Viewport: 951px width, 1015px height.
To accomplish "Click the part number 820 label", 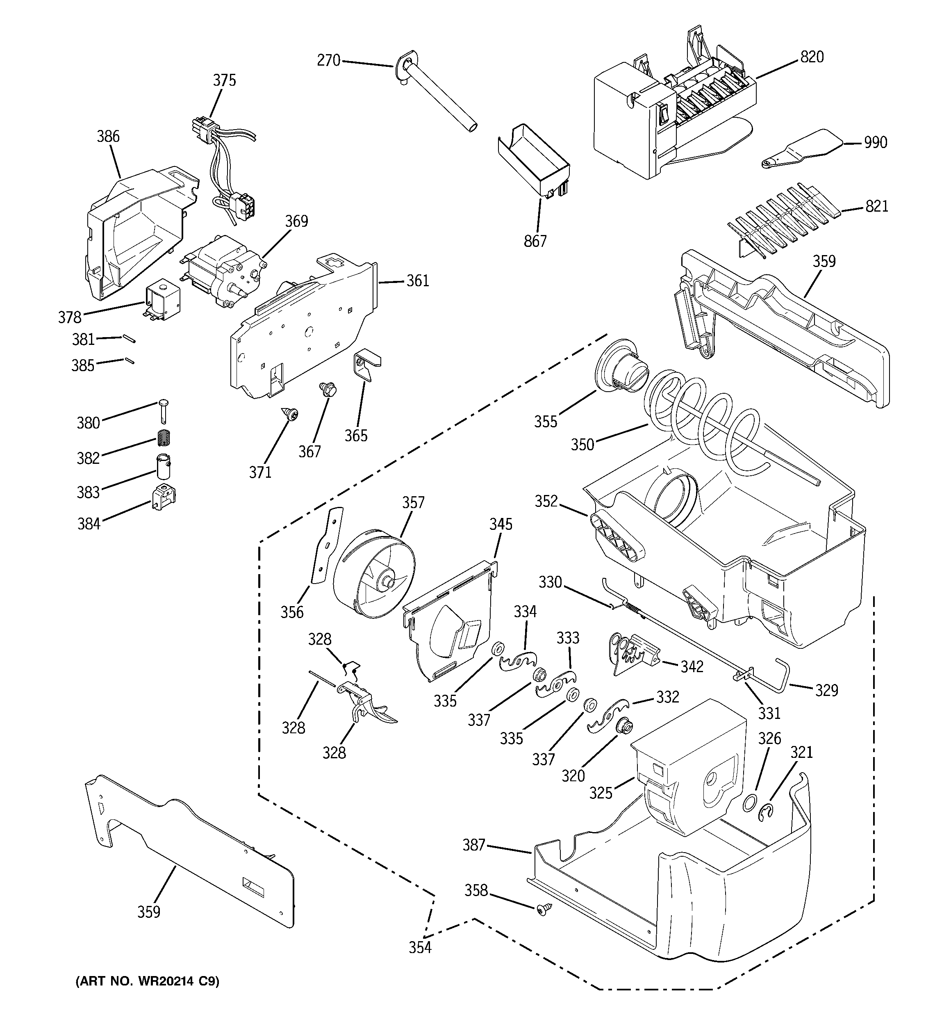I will (x=812, y=57).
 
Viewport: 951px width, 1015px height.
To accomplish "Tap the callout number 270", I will (x=328, y=61).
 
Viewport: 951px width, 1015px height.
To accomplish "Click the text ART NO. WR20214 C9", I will (x=148, y=982).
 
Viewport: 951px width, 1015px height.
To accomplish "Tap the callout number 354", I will (x=420, y=948).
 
